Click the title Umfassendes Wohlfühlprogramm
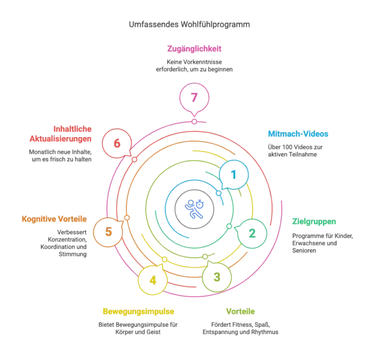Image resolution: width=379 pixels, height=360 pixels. (x=189, y=24)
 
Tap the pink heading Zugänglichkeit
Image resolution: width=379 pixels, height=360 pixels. (x=194, y=48)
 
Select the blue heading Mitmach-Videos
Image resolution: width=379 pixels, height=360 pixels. (x=298, y=134)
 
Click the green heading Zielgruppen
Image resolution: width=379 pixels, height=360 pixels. (x=314, y=222)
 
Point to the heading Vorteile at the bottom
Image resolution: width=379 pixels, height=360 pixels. (x=240, y=312)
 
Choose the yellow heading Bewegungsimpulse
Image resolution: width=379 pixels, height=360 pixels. (x=138, y=312)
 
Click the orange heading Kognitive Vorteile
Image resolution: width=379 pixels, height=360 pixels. (x=54, y=219)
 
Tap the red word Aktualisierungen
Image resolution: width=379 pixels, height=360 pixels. (x=60, y=139)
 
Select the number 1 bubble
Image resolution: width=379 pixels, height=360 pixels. (x=234, y=175)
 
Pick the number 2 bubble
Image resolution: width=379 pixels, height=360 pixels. (x=252, y=233)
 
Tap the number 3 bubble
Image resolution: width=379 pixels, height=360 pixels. (x=217, y=277)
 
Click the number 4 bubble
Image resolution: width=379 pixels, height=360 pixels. (x=153, y=280)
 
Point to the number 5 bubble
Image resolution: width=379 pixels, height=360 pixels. (x=108, y=232)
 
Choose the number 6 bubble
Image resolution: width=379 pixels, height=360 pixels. (x=117, y=143)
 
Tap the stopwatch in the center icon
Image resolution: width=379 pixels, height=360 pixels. (x=200, y=204)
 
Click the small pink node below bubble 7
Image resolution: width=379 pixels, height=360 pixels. (x=194, y=122)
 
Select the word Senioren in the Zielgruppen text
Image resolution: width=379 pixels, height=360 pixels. (x=304, y=251)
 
